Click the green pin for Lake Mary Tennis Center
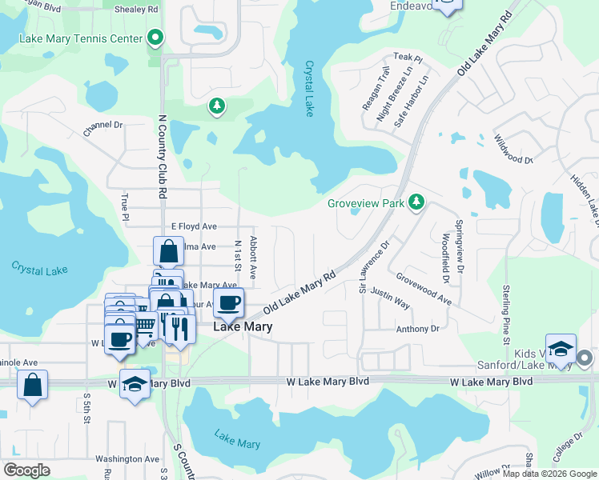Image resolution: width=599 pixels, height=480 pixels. tap(155, 38)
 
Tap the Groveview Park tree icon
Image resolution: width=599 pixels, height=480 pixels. tap(416, 202)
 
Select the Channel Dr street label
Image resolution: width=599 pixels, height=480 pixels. tap(103, 126)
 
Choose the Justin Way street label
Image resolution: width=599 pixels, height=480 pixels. tap(391, 299)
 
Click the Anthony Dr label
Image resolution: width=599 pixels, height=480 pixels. tap(417, 329)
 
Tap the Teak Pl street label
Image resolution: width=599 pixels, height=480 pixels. tap(407, 58)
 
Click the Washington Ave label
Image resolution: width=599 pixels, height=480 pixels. tap(127, 459)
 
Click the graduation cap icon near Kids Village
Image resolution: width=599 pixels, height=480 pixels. tap(561, 349)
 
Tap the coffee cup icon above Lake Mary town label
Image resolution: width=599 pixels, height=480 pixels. tap(228, 303)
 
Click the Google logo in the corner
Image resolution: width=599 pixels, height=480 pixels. tap(26, 470)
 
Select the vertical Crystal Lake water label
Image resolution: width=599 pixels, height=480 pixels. tap(310, 89)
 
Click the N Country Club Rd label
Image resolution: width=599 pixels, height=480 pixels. tap(161, 156)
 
